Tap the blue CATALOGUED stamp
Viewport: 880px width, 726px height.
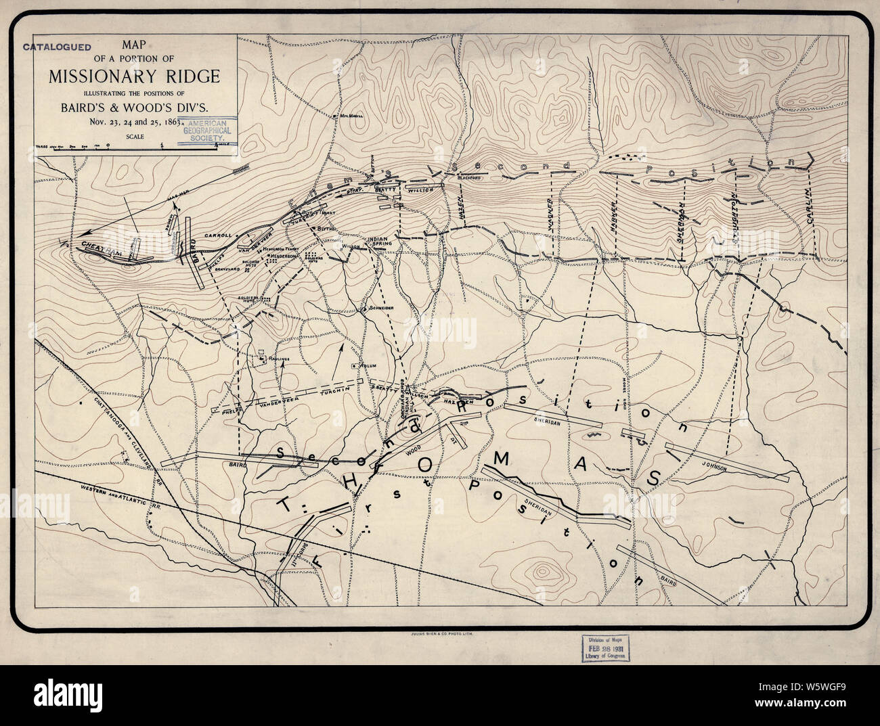[x=58, y=47]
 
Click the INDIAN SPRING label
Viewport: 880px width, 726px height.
[x=378, y=243]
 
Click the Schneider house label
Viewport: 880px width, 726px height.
[x=380, y=307]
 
